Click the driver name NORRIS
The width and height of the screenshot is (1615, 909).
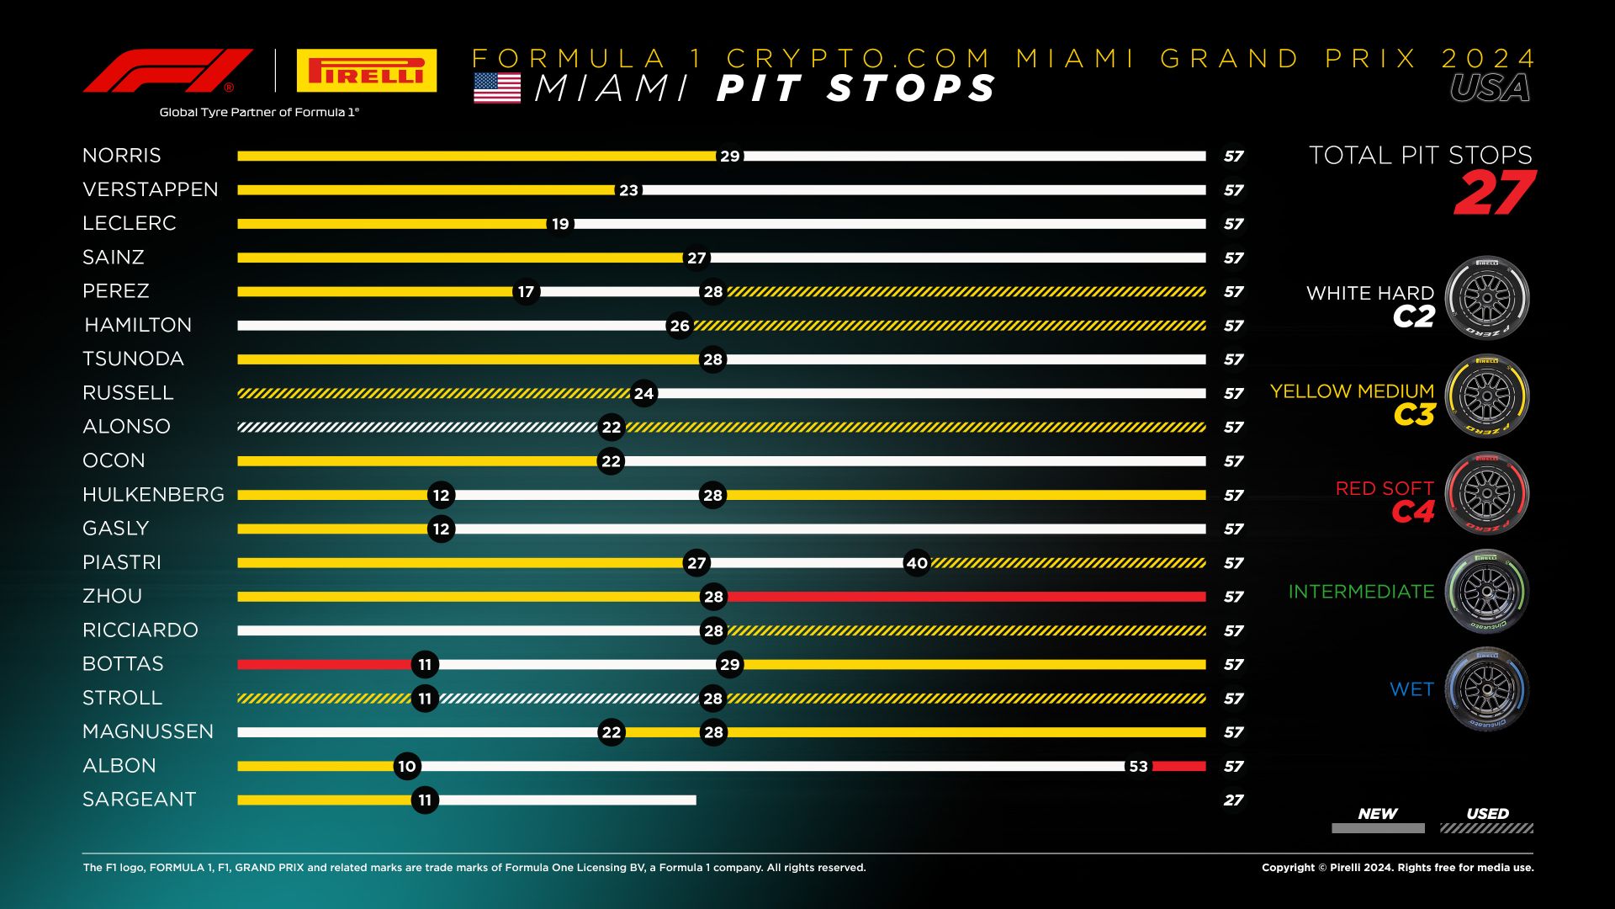[121, 156]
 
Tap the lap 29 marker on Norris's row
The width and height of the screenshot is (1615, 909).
[729, 157]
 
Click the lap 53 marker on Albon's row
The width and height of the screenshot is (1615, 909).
[1137, 766]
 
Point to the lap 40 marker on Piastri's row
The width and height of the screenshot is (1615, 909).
[917, 563]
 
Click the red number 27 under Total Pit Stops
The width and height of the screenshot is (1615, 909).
[1494, 194]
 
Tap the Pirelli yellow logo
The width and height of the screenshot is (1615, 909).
[366, 71]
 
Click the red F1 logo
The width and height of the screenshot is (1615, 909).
[167, 71]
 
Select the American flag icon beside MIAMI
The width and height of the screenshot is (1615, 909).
[497, 88]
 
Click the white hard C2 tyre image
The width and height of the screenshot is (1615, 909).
[1486, 298]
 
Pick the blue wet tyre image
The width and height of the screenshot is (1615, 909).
[1486, 689]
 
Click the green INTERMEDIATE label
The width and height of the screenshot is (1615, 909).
[1361, 592]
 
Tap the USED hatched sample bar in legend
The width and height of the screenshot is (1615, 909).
[1486, 828]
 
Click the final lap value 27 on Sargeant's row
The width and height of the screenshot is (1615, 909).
[1233, 800]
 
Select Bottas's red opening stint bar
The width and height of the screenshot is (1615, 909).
[324, 664]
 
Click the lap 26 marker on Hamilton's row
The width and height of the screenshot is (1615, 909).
[679, 326]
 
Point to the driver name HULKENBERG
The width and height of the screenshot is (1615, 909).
[153, 495]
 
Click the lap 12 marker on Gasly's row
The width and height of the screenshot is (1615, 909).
[441, 529]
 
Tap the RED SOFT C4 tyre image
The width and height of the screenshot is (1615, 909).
[1486, 494]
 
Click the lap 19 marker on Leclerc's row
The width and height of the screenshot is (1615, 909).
[560, 224]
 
